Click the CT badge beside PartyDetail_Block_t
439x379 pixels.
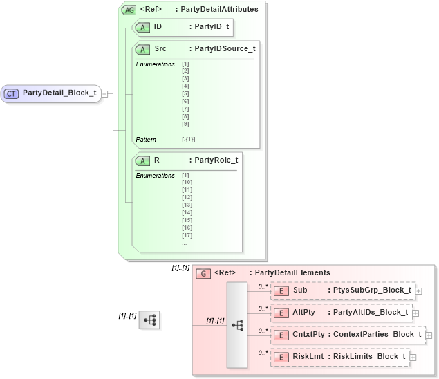pyautogui.click(x=12, y=93)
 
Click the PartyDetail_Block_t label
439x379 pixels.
pyautogui.click(x=59, y=93)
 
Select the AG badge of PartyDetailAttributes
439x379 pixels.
pyautogui.click(x=129, y=10)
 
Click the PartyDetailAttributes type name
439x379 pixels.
pyautogui.click(x=218, y=10)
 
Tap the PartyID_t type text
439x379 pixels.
pyautogui.click(x=212, y=26)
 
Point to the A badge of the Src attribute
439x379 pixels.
pyautogui.click(x=142, y=49)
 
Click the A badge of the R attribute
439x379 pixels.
pyautogui.click(x=142, y=160)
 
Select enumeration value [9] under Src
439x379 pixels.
pyautogui.click(x=185, y=124)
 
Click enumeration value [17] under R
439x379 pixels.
pyautogui.click(x=187, y=235)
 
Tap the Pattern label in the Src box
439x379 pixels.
pyautogui.click(x=146, y=139)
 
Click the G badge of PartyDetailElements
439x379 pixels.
pyautogui.click(x=203, y=273)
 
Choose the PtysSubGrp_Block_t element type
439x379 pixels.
pyautogui.click(x=371, y=290)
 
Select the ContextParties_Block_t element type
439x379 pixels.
pyautogui.click(x=377, y=335)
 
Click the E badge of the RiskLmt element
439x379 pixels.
pyautogui.click(x=281, y=357)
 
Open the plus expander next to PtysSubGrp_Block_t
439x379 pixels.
pyautogui.click(x=418, y=291)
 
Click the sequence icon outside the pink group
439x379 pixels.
pyautogui.click(x=149, y=320)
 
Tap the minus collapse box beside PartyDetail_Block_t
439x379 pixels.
pyautogui.click(x=104, y=94)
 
